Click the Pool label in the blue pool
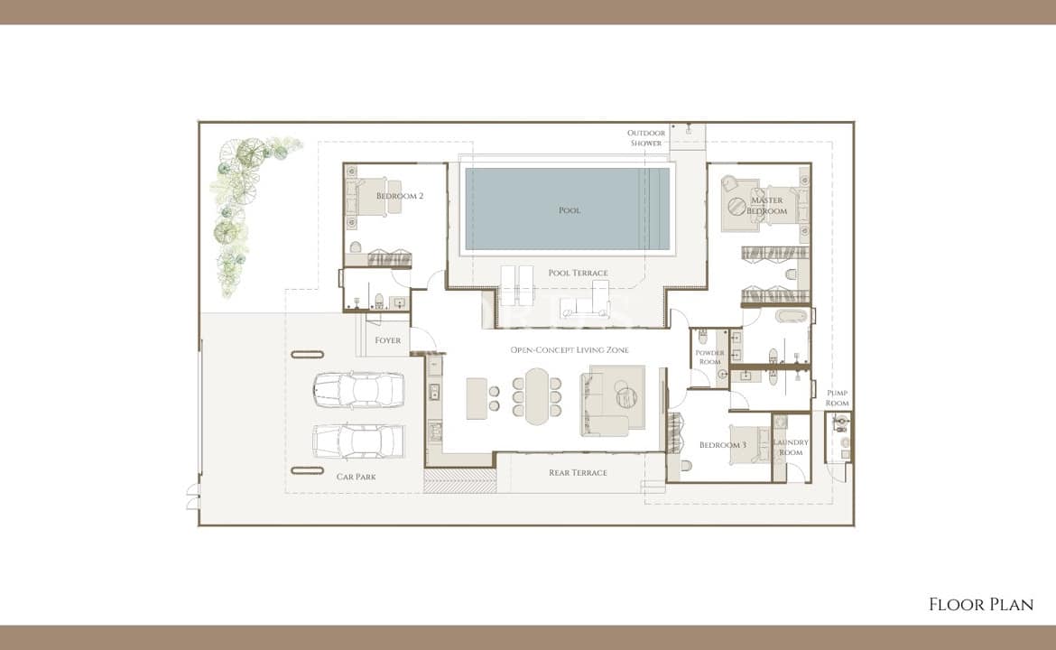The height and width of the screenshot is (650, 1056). coord(570,210)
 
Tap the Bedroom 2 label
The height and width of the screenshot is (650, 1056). coord(399,196)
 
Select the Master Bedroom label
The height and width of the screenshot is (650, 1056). coord(767,206)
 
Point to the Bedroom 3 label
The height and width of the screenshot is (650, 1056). coord(723,444)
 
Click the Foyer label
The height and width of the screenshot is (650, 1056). coord(388,340)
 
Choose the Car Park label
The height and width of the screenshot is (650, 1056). coord(357,477)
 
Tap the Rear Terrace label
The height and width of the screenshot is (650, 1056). coord(578,473)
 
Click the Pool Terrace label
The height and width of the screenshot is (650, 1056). coord(578,273)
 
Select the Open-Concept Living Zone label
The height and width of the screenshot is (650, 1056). coord(570,349)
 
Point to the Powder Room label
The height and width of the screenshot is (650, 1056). coord(709,357)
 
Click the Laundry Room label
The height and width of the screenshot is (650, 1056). coord(791,447)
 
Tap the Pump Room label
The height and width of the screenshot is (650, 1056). coord(837,398)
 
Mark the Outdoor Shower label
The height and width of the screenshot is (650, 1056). coord(646,138)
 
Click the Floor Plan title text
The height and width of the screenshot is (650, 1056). coord(981,604)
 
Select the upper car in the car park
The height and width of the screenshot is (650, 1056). coord(358,390)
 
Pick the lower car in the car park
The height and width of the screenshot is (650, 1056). coord(358,441)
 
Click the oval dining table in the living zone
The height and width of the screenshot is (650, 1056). coord(537,396)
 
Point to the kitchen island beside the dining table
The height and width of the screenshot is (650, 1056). coord(477,398)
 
